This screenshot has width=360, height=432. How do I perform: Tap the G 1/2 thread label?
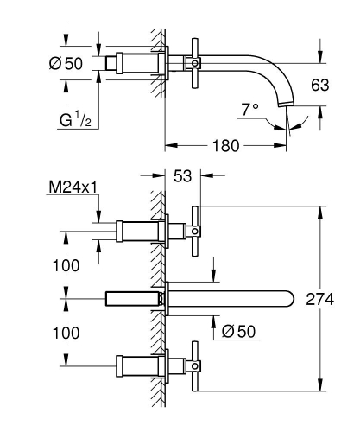click(x=76, y=120)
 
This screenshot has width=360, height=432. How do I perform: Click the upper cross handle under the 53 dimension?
click(x=198, y=231)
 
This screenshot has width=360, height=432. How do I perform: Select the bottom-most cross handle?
click(x=198, y=365)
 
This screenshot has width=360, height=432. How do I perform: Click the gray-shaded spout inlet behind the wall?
click(x=130, y=298)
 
